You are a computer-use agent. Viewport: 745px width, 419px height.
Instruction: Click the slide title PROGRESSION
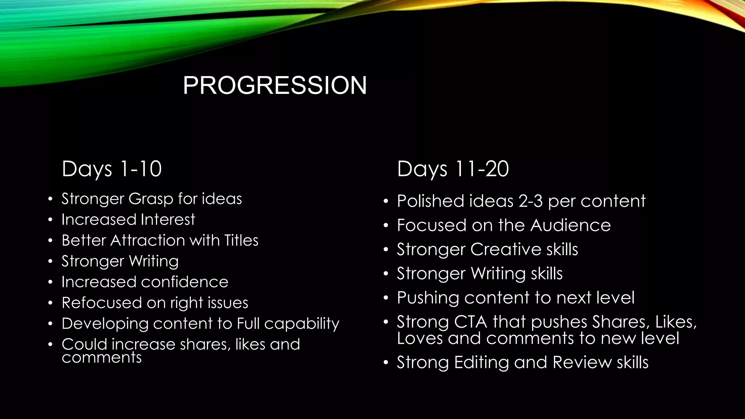(275, 85)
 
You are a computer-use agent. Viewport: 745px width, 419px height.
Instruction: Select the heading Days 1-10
(112, 169)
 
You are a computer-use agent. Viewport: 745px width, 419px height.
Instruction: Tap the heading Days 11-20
(453, 169)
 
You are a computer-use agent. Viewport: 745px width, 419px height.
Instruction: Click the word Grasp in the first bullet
(151, 199)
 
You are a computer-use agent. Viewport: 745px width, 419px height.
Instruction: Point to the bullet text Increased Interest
(128, 220)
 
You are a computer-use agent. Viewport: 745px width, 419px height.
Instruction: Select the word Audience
(570, 225)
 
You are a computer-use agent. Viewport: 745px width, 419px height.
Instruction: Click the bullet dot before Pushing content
(386, 298)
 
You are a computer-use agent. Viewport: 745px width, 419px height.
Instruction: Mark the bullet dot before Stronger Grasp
(51, 199)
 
